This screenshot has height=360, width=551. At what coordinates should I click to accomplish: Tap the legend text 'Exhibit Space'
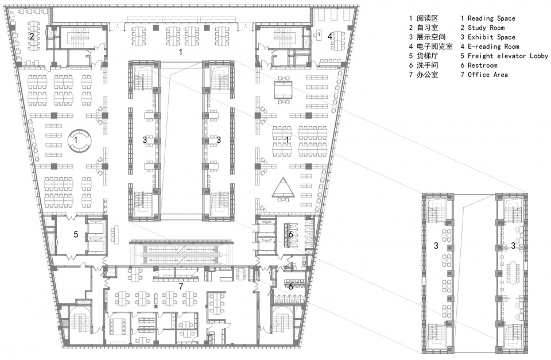[x=492, y=37]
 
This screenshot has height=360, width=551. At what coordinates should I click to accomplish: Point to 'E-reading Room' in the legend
[x=494, y=47]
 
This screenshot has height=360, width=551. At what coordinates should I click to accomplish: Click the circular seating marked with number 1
[x=76, y=139]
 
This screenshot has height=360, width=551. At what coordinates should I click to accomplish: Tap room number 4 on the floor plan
[x=330, y=36]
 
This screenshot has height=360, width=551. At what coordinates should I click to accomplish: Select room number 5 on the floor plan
[x=75, y=234]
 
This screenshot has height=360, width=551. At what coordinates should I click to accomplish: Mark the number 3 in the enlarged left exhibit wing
[x=436, y=246]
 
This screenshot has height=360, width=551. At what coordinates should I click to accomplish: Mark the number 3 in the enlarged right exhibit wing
[x=513, y=246]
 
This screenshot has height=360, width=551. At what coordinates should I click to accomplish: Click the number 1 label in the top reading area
[x=181, y=52]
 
